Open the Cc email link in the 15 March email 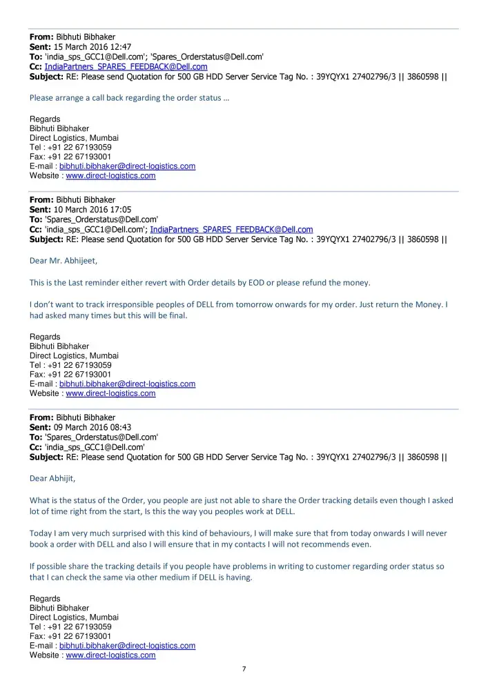point(126,67)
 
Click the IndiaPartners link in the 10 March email point(231,230)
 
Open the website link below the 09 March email point(110,655)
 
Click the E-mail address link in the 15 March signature point(127,166)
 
